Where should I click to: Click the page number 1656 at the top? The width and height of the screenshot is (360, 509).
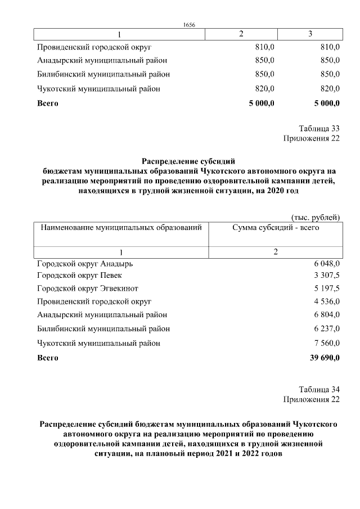click(190, 24)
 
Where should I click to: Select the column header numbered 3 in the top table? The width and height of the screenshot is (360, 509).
click(310, 34)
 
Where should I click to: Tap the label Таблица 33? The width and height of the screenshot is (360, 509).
click(319, 128)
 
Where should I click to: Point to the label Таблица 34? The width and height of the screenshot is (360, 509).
click(319, 389)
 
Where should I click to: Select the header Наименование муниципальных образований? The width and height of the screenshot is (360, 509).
click(119, 228)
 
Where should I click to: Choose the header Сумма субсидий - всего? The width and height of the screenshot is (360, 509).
click(276, 228)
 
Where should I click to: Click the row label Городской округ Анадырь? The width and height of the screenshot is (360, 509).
click(85, 263)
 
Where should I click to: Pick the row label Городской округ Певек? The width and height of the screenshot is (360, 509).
click(79, 276)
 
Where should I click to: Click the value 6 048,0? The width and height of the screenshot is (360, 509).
click(327, 263)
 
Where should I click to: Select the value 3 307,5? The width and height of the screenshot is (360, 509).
click(327, 276)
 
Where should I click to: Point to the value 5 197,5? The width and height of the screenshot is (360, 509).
click(327, 289)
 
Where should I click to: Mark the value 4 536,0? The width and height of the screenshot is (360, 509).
click(327, 301)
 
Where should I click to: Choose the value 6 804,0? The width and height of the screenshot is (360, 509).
click(327, 315)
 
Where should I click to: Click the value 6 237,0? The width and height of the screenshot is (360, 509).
click(327, 328)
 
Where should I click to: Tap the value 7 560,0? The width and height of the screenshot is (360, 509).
click(327, 343)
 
